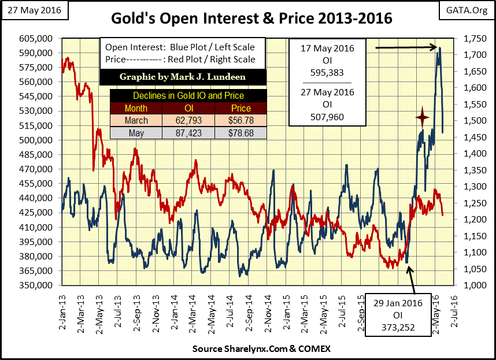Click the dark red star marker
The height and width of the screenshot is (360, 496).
point(423,118)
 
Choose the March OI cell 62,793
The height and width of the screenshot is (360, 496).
point(188,121)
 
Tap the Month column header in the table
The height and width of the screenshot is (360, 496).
point(136,108)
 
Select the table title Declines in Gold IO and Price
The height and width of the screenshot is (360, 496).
point(188,96)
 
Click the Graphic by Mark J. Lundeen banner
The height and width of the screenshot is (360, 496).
point(183,77)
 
